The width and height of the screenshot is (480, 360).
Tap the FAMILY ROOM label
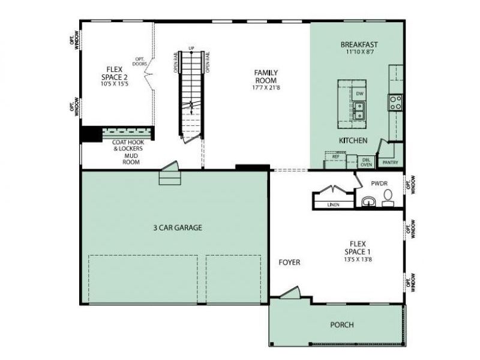266,76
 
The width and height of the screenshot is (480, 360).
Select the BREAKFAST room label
359,44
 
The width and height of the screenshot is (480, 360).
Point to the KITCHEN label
353,140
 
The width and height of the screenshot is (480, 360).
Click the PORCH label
342,325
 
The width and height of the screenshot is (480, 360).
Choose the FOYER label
289,262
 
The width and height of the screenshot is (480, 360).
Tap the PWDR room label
380,183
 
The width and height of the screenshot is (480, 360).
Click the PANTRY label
389,162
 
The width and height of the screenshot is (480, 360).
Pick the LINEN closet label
334,205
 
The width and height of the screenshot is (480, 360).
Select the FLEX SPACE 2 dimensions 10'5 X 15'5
114,84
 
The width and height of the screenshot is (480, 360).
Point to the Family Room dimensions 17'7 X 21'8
266,88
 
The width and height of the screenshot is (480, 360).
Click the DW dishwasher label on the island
359,94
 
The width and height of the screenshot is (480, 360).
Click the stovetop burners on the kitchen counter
396,103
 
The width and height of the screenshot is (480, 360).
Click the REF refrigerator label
335,157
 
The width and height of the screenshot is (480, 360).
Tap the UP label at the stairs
191,47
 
